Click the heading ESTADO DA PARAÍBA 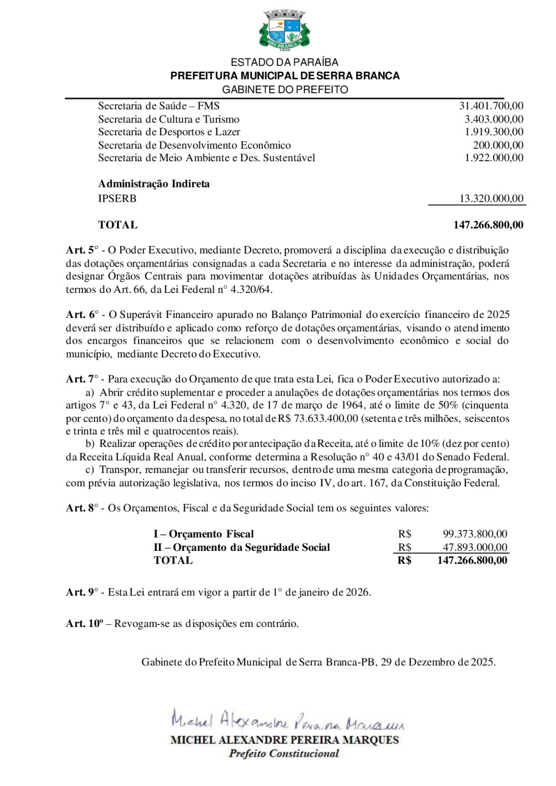click(x=284, y=62)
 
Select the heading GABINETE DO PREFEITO click(x=285, y=89)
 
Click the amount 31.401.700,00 click(x=491, y=106)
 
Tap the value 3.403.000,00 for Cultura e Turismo click(x=494, y=119)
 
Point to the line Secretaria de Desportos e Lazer click(x=169, y=132)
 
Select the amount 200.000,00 click(x=498, y=145)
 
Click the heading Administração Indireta click(x=153, y=184)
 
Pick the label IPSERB click(x=117, y=198)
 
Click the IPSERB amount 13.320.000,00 click(x=491, y=198)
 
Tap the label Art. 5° click(x=82, y=250)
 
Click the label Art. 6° click(x=82, y=315)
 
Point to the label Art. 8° click(x=82, y=508)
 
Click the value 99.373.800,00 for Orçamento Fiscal click(x=475, y=534)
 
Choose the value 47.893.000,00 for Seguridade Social click(x=475, y=548)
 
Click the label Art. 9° click(x=82, y=593)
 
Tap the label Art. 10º click(x=85, y=624)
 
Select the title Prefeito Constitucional click(x=284, y=754)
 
